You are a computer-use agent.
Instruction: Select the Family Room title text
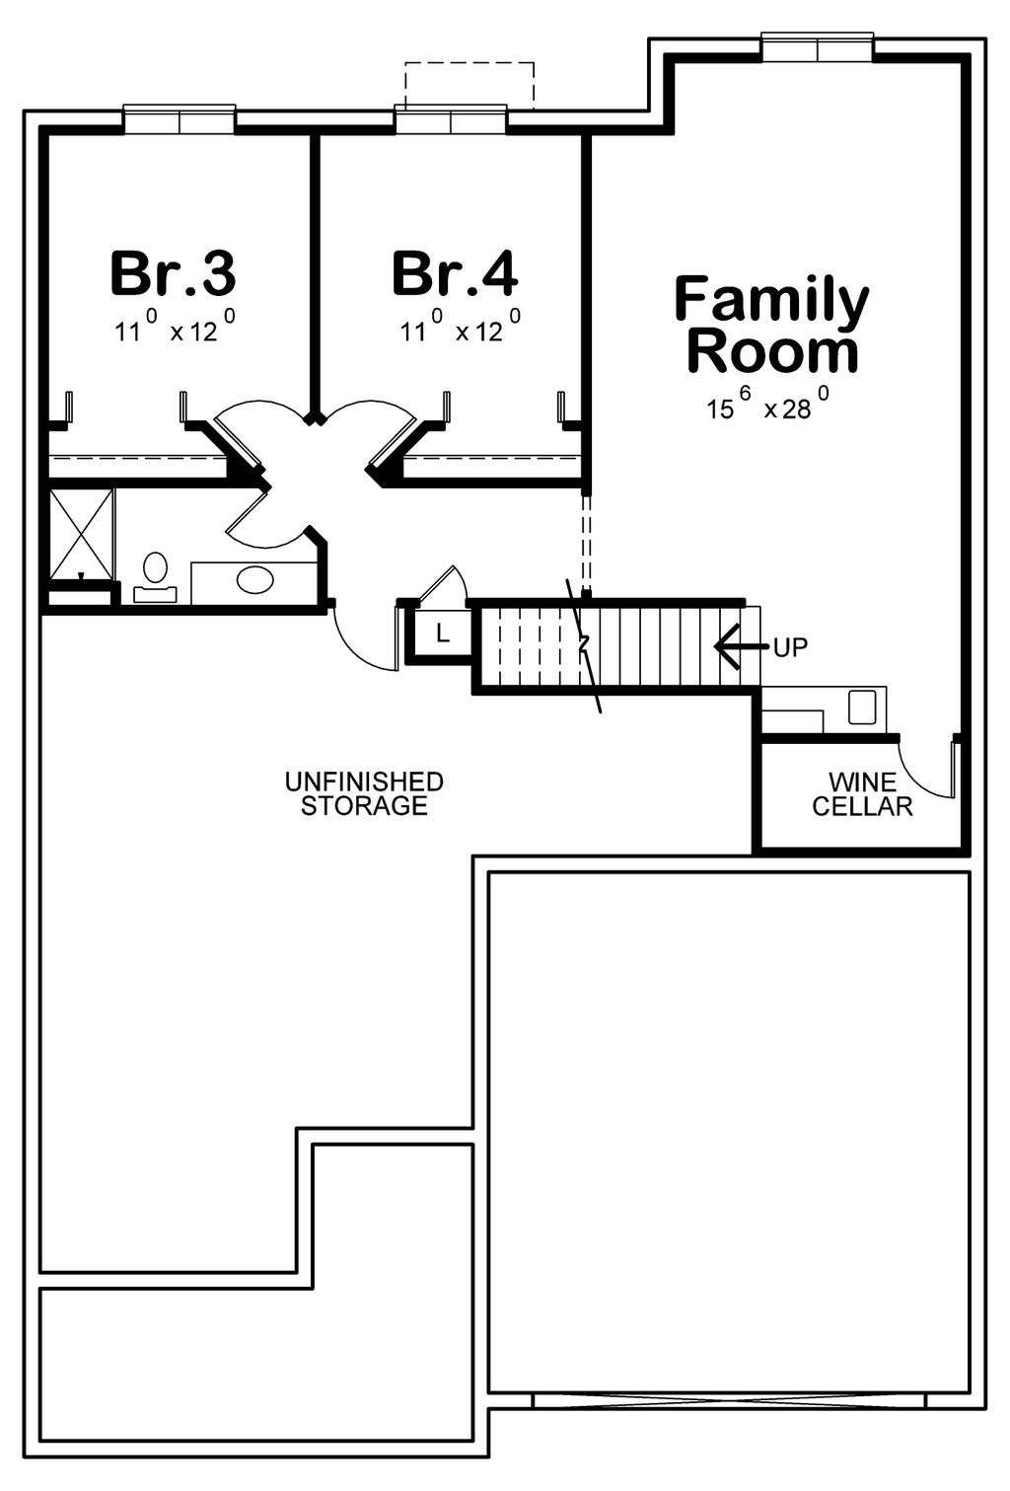click(x=771, y=326)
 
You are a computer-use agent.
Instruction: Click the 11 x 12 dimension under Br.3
click(x=175, y=329)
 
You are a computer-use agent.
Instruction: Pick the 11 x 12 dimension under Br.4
click(x=460, y=329)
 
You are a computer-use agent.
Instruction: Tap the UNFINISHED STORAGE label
click(x=364, y=793)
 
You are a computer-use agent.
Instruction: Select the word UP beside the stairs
click(x=790, y=647)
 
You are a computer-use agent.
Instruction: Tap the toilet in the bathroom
click(x=155, y=574)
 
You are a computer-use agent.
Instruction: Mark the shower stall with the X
click(x=82, y=533)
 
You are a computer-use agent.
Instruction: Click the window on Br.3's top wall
click(x=179, y=119)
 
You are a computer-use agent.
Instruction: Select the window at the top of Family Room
click(x=818, y=47)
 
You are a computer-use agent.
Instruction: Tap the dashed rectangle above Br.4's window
click(x=469, y=83)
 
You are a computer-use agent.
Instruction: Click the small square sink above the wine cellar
click(x=861, y=707)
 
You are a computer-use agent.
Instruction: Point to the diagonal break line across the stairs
click(x=584, y=646)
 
